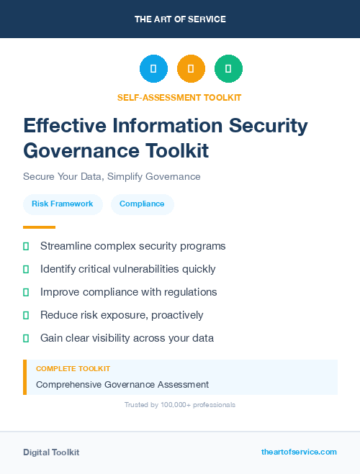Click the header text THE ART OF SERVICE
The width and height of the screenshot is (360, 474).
click(x=180, y=19)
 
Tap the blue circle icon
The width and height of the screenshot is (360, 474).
click(x=153, y=69)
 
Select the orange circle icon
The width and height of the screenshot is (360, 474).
click(x=191, y=69)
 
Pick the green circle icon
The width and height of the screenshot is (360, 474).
click(x=228, y=69)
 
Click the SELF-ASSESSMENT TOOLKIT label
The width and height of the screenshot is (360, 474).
click(x=180, y=97)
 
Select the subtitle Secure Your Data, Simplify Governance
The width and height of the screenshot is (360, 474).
click(x=112, y=176)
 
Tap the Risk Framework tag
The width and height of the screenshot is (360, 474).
click(x=63, y=204)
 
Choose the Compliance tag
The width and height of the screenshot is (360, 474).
click(x=142, y=204)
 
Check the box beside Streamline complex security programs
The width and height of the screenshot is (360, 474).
click(x=26, y=246)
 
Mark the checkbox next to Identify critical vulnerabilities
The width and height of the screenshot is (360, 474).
click(x=26, y=269)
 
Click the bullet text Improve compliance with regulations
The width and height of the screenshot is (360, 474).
click(x=128, y=292)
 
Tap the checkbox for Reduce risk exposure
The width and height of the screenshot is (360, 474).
click(x=26, y=315)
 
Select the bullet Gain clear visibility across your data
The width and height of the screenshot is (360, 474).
click(x=127, y=338)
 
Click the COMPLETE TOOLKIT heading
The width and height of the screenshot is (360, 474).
click(x=73, y=368)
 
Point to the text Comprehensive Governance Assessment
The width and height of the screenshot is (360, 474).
click(x=122, y=384)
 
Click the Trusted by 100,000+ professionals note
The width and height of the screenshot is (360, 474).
click(x=180, y=405)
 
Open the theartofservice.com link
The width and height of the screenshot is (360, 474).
click(x=299, y=452)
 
